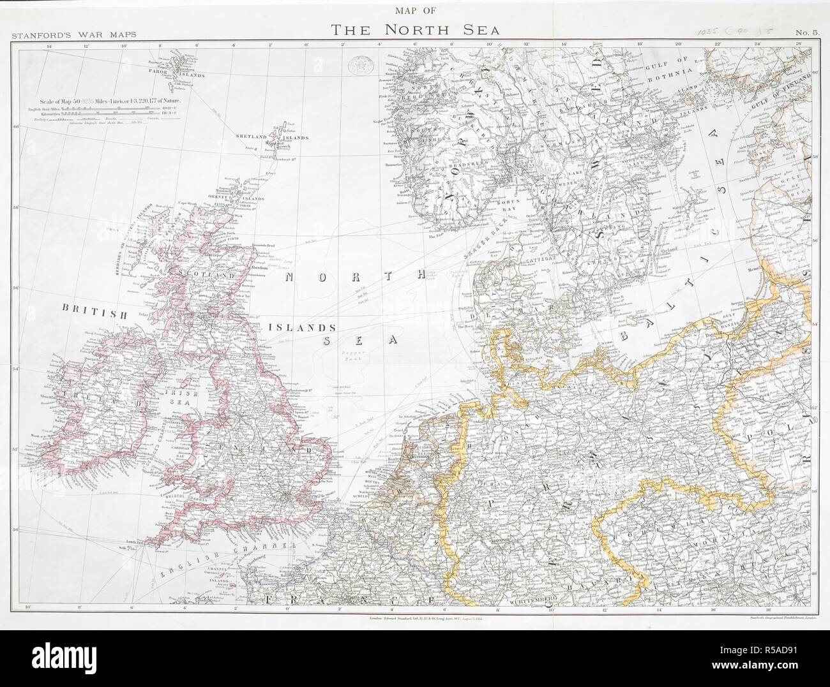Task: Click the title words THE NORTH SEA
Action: [414, 30]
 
